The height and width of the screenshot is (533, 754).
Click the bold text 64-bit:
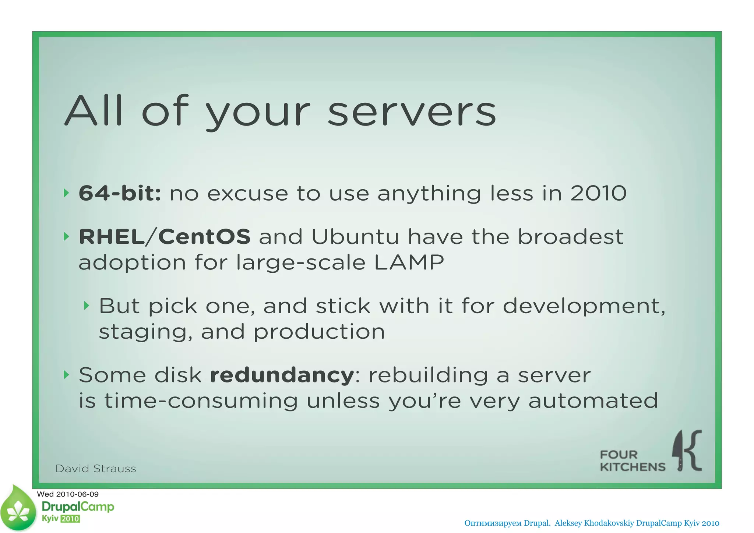pyautogui.click(x=120, y=193)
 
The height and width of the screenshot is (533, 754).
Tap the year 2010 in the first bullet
pyautogui.click(x=598, y=193)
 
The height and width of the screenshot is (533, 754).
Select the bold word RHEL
pyautogui.click(x=112, y=236)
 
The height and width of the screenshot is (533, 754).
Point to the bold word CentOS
pyautogui.click(x=204, y=236)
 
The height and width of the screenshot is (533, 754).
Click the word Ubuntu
pyautogui.click(x=355, y=236)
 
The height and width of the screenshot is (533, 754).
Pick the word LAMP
pyautogui.click(x=409, y=262)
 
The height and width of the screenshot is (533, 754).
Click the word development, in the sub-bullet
pyautogui.click(x=584, y=306)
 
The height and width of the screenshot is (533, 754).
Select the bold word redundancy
pyautogui.click(x=282, y=375)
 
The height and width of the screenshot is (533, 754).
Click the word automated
pyautogui.click(x=593, y=401)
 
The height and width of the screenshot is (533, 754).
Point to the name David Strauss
pyautogui.click(x=96, y=469)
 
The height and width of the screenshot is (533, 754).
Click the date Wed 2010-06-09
pyautogui.click(x=68, y=494)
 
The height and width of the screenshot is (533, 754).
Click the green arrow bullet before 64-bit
pyautogui.click(x=66, y=193)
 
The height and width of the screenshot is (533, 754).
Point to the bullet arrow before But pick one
pyautogui.click(x=87, y=306)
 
